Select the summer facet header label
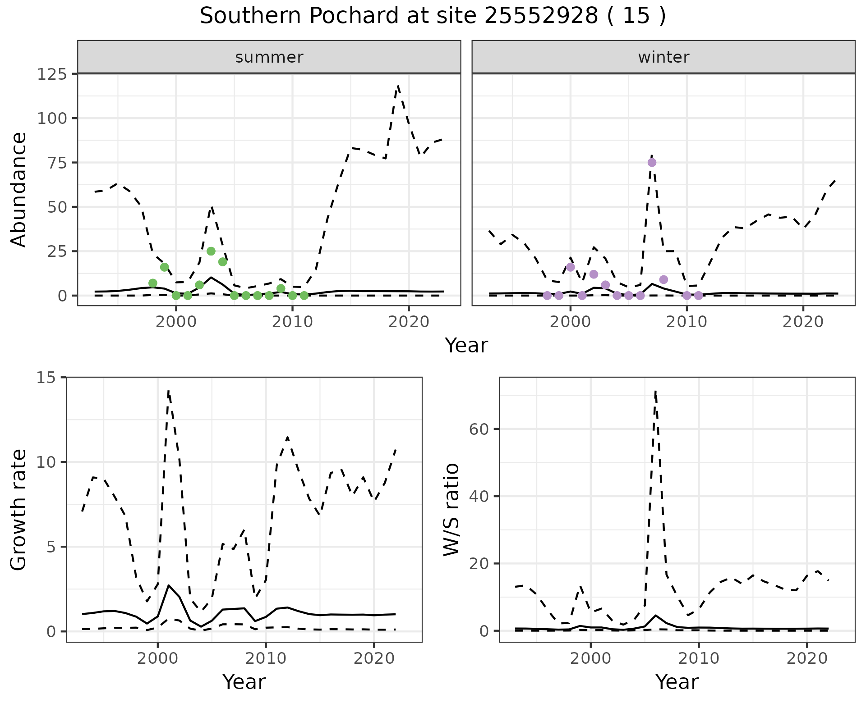(269, 57)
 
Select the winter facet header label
(663, 57)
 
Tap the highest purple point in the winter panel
(652, 163)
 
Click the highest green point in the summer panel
(211, 251)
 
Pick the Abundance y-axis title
(19, 189)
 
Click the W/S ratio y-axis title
(451, 509)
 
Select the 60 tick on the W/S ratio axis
(480, 429)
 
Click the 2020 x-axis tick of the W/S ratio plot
(806, 658)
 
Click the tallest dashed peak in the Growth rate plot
(168, 391)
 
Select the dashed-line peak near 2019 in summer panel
(398, 85)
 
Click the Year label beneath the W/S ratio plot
(677, 682)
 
